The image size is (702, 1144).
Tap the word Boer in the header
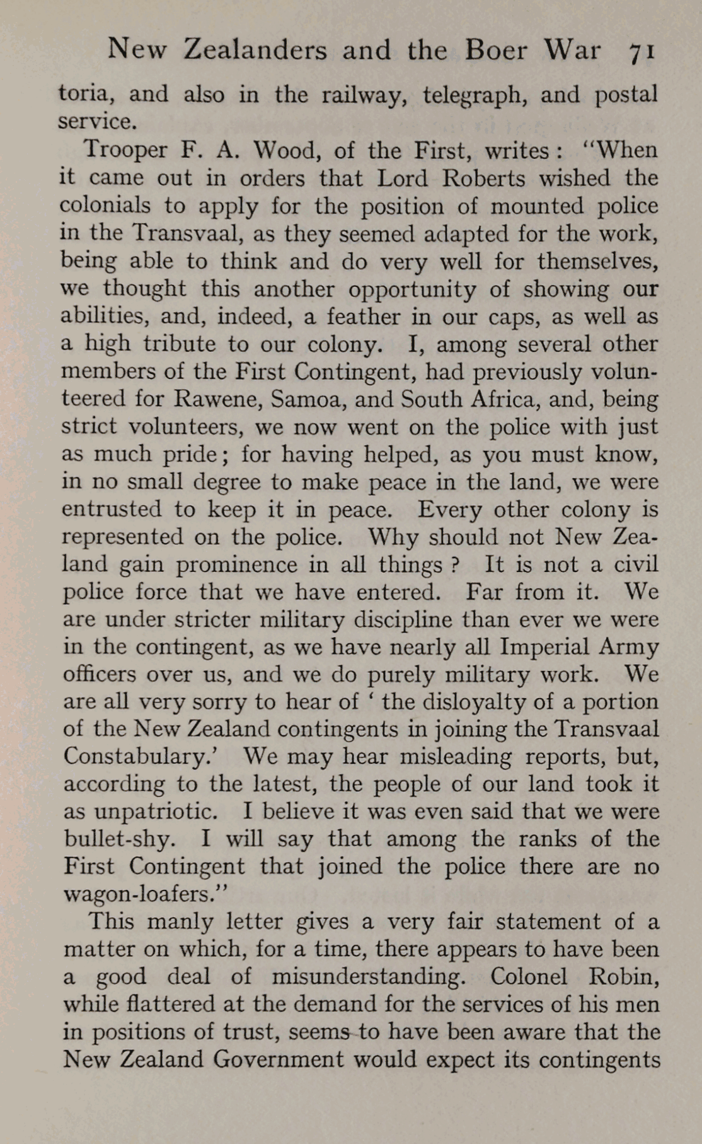495,50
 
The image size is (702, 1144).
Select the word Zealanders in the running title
255,50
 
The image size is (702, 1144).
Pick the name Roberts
483,178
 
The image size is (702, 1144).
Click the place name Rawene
216,399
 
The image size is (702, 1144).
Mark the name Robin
623,976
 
